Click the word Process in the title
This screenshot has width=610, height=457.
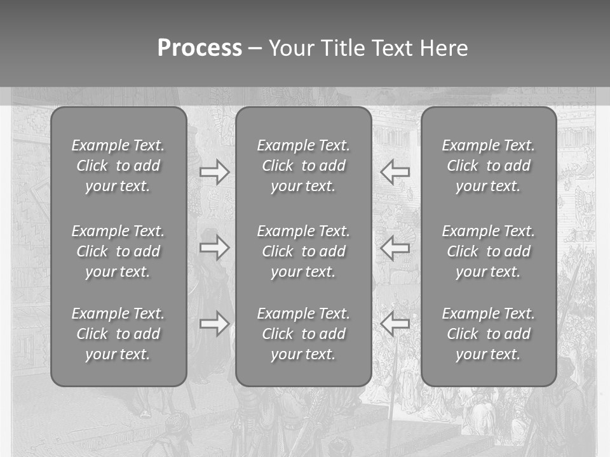click(x=200, y=48)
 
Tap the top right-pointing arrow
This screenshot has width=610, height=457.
click(x=215, y=171)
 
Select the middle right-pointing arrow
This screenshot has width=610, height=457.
click(x=215, y=248)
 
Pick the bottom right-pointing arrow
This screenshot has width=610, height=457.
click(x=215, y=324)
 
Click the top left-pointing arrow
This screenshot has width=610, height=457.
click(x=395, y=171)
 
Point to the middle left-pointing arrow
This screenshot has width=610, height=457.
click(x=395, y=248)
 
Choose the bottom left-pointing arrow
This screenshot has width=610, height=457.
click(x=395, y=324)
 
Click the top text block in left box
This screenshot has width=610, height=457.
click(x=118, y=166)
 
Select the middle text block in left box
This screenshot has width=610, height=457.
click(x=118, y=251)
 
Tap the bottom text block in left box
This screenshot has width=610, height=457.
click(x=118, y=334)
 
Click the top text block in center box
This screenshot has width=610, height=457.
click(x=303, y=166)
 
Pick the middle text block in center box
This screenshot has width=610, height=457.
click(x=303, y=251)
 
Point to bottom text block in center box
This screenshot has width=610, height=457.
click(x=303, y=334)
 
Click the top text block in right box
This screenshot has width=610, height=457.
click(x=488, y=166)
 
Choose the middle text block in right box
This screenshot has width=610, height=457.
click(x=488, y=251)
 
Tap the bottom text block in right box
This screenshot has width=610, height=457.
click(x=488, y=334)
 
